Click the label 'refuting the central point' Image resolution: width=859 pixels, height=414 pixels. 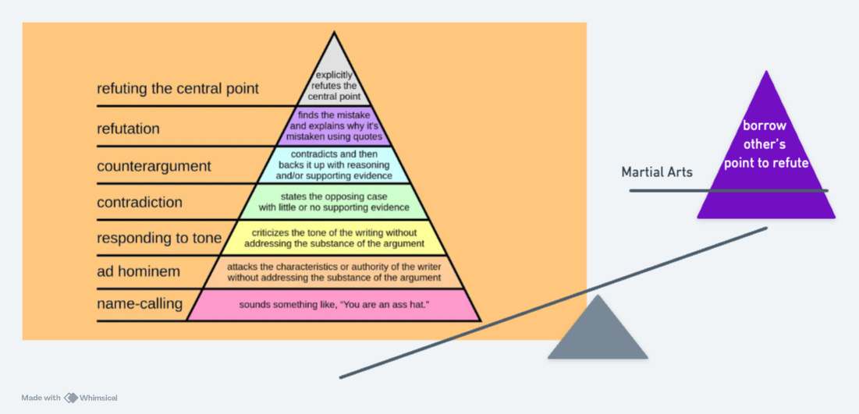(178, 88)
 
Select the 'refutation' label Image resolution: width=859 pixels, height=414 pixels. (128, 128)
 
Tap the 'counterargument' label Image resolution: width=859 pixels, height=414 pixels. (154, 166)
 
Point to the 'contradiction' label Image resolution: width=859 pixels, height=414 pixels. (140, 203)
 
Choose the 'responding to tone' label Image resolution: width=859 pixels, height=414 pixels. (159, 238)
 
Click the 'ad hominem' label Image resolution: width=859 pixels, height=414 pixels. (138, 271)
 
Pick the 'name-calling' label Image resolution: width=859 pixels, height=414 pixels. (140, 303)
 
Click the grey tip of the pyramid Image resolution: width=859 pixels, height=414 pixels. (334, 78)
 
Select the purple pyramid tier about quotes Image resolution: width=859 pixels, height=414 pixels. (335, 126)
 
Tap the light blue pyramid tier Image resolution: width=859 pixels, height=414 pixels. (334, 165)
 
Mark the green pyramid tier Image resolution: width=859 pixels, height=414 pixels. (334, 202)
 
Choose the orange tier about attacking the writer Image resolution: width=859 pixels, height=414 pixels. (334, 272)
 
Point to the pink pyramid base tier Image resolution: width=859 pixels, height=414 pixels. (334, 305)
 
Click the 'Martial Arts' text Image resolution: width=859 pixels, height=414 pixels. (657, 172)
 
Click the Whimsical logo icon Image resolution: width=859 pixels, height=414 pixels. (72, 398)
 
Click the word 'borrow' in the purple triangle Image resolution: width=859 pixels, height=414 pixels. (765, 126)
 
